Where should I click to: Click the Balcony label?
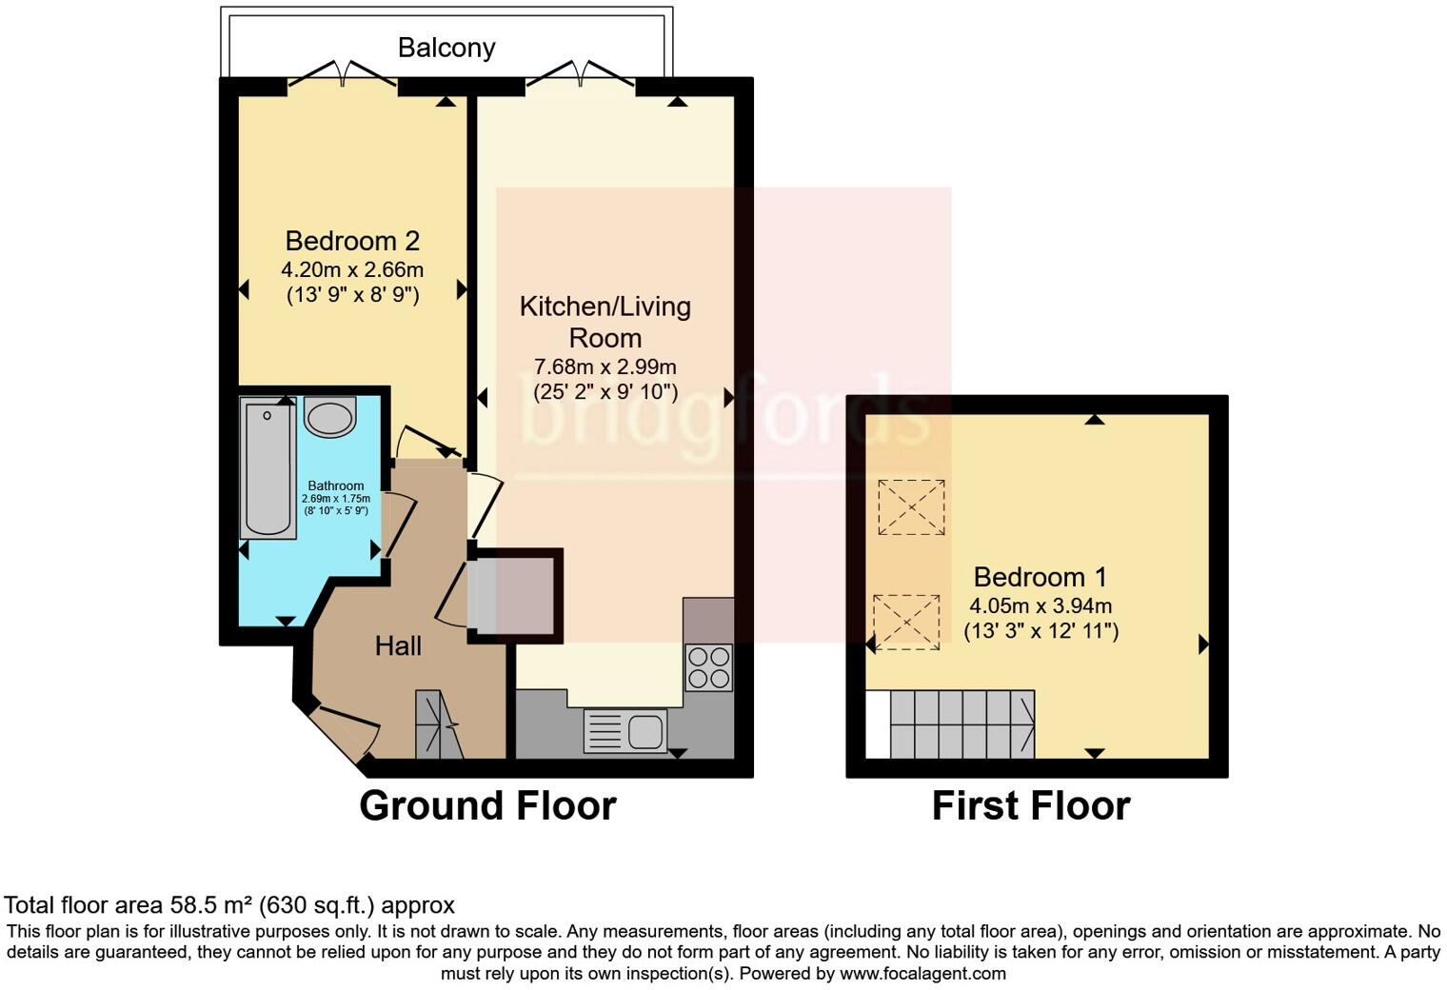click(446, 48)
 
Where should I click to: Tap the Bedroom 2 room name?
click(352, 241)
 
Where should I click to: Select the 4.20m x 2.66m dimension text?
click(352, 268)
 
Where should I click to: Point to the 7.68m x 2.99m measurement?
click(605, 366)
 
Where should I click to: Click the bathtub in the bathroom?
click(268, 467)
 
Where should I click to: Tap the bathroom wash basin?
click(329, 417)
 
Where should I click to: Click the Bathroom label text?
click(336, 485)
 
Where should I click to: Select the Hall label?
click(399, 645)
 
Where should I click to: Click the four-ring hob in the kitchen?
click(709, 667)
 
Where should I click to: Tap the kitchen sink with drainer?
click(625, 730)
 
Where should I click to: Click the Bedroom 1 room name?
click(1041, 577)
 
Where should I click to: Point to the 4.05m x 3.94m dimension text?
click(1041, 605)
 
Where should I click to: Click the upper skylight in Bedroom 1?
click(911, 507)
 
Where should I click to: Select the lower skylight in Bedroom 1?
click(907, 622)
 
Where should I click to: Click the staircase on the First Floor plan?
click(962, 723)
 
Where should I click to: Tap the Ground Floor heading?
click(487, 806)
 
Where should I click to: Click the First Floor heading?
click(1031, 806)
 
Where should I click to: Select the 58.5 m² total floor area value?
click(211, 905)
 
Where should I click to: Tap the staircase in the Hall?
click(439, 723)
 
